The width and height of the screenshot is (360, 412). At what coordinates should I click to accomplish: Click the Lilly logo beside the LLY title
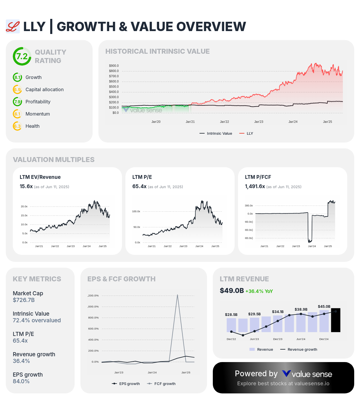coord(13,27)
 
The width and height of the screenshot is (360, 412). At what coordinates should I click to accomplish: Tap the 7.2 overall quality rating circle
coord(22,56)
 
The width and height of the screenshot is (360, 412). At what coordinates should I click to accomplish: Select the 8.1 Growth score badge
coord(17,78)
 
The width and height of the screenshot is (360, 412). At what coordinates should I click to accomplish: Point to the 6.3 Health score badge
coord(17,126)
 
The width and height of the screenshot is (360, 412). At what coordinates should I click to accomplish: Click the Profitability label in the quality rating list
coord(38,102)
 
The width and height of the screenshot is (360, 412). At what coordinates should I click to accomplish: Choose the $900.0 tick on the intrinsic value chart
coord(114,66)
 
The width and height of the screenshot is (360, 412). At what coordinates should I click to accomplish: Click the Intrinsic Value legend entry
coord(216,134)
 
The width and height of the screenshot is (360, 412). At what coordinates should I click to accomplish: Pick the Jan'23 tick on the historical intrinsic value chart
coord(259,122)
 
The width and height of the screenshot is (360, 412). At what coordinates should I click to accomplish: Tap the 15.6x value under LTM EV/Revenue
coord(26,186)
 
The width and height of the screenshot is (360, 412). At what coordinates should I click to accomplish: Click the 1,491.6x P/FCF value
coord(255,186)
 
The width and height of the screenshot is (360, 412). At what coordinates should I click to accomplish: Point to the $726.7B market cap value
coord(24,300)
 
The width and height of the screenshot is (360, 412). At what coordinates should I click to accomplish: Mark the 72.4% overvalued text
coord(37,321)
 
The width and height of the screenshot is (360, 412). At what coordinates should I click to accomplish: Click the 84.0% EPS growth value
coord(21,382)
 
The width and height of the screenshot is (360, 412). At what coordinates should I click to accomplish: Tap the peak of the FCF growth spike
coord(177,295)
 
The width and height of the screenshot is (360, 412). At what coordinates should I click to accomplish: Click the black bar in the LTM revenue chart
coord(336,320)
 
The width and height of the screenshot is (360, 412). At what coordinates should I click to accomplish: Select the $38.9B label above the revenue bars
coord(301,310)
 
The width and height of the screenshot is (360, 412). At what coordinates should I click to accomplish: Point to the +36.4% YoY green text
coord(259,291)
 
